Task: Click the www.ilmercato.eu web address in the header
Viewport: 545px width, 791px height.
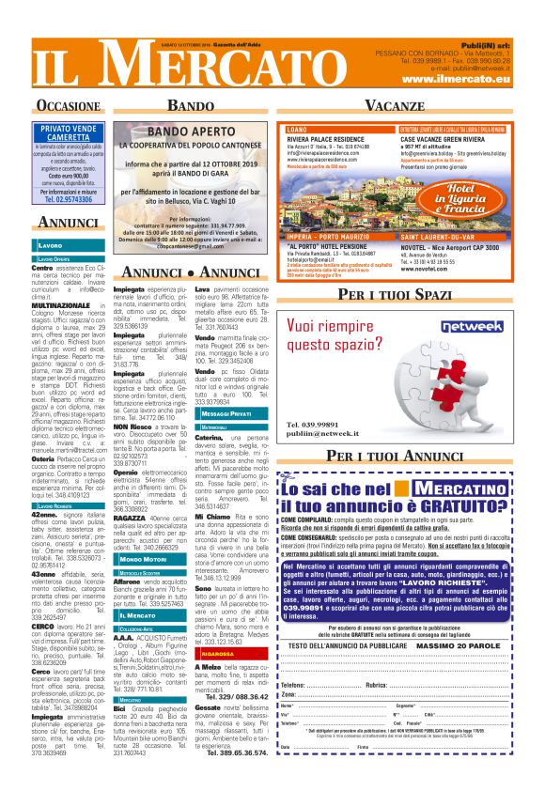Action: [456, 80]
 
